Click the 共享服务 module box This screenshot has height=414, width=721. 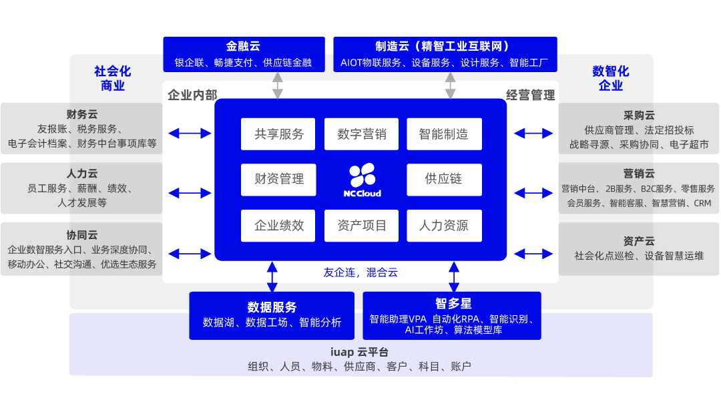pyautogui.click(x=278, y=134)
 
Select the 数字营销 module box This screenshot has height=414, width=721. pyautogui.click(x=361, y=134)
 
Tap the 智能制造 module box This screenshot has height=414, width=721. pyautogui.click(x=444, y=134)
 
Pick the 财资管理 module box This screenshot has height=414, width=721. pyautogui.click(x=278, y=179)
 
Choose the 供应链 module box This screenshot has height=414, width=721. pyautogui.click(x=444, y=179)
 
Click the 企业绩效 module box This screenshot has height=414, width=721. pyautogui.click(x=278, y=226)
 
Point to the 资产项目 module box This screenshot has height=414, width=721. pyautogui.click(x=361, y=226)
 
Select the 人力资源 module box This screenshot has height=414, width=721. pyautogui.click(x=444, y=226)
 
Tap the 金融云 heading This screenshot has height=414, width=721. pyautogui.click(x=243, y=46)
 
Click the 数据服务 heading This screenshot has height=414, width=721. pyautogui.click(x=272, y=307)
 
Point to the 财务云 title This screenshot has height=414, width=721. pyautogui.click(x=81, y=115)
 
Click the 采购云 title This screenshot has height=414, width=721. pyautogui.click(x=638, y=116)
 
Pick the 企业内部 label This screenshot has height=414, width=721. pyautogui.click(x=192, y=95)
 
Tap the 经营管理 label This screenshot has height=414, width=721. pyautogui.click(x=530, y=95)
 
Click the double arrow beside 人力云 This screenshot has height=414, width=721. pyautogui.click(x=190, y=193)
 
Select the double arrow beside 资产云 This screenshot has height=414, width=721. pyautogui.click(x=533, y=254)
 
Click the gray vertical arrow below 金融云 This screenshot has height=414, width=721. pyautogui.click(x=278, y=86)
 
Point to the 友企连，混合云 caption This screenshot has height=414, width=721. pyautogui.click(x=360, y=272)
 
